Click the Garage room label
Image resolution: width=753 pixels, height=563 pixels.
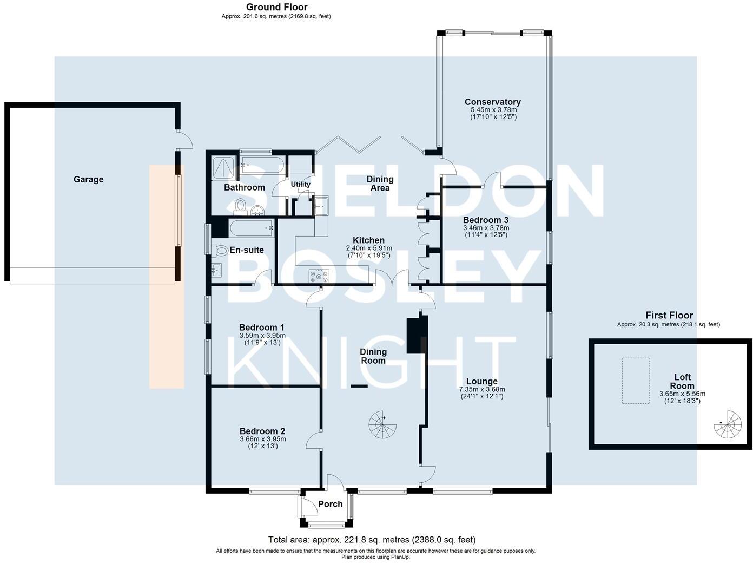(88, 179)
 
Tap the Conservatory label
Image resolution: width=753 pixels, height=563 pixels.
(492, 102)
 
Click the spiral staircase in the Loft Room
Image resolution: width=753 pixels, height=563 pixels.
(728, 425)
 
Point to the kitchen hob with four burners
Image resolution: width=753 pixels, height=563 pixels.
(319, 277)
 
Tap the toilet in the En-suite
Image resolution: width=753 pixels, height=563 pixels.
(221, 251)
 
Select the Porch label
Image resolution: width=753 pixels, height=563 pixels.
(330, 504)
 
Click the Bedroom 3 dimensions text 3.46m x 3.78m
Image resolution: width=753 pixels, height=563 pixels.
(486, 228)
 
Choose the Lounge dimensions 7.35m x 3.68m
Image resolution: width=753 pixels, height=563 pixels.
(481, 389)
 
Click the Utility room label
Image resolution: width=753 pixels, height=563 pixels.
(301, 184)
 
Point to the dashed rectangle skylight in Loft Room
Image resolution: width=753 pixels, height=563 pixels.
(636, 381)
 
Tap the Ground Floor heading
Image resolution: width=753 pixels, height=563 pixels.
(276, 7)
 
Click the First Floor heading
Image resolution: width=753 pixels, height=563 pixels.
(669, 315)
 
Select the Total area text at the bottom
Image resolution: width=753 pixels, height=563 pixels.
(372, 540)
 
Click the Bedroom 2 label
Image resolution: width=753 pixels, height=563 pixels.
(262, 431)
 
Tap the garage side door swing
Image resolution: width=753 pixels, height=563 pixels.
(186, 141)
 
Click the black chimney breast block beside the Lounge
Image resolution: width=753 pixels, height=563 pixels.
(417, 336)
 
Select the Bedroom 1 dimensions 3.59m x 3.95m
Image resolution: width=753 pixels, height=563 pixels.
(262, 336)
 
